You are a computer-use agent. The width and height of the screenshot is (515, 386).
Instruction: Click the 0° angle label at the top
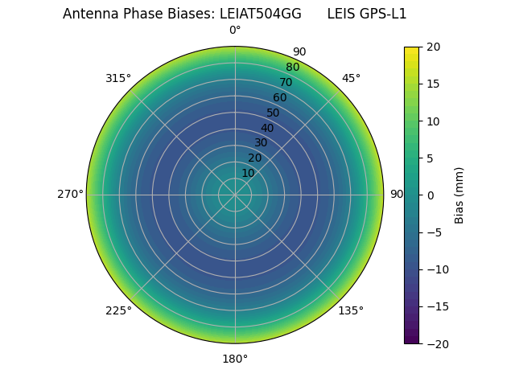click(235, 31)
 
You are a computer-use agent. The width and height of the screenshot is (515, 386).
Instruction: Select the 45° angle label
click(351, 78)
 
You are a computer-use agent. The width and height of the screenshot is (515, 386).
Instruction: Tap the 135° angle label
click(351, 310)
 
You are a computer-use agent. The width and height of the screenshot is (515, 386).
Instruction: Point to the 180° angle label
click(235, 359)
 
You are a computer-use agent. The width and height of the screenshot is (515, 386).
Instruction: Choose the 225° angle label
click(118, 310)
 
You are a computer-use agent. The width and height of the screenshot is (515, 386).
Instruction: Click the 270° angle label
click(70, 195)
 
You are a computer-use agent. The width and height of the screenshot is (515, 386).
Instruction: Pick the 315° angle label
click(118, 78)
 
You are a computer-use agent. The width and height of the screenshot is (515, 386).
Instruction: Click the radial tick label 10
click(248, 173)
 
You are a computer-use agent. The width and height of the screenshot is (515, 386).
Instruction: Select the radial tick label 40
click(267, 128)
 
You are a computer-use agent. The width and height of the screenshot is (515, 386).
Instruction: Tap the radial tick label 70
click(286, 83)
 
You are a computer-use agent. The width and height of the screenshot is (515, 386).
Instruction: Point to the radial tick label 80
click(292, 68)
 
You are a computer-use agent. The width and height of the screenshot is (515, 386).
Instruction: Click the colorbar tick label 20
click(434, 47)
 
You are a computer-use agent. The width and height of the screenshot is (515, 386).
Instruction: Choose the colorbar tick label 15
click(434, 84)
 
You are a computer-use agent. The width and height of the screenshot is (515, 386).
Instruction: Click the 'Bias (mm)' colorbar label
click(459, 195)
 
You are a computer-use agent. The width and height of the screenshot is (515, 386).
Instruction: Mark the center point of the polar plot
click(235, 195)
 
